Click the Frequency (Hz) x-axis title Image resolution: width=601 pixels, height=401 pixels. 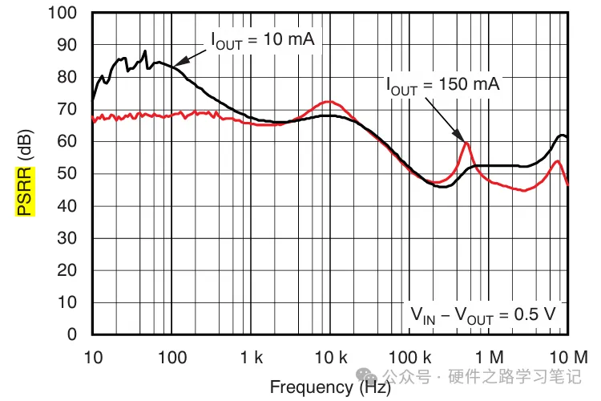pos(330,387)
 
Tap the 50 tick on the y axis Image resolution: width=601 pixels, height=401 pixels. pos(71,174)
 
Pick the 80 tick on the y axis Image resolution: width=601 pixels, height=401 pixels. pos(71,78)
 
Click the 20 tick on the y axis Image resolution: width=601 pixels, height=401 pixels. pos(71,270)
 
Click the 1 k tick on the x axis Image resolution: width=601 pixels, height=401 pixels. pos(251,356)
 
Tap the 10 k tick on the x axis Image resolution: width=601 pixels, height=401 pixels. pos(329,356)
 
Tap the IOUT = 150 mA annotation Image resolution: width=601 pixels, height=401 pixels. pos(443,83)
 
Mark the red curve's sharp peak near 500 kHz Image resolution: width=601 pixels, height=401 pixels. pos(466,143)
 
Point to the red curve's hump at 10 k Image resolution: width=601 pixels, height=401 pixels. pos(329,102)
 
